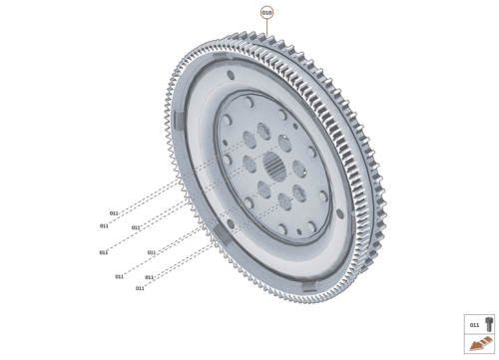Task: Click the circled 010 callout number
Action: pyautogui.click(x=266, y=12)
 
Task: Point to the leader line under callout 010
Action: pyautogui.click(x=266, y=28)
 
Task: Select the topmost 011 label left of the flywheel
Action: pyautogui.click(x=114, y=213)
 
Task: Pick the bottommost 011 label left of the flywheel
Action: pyautogui.click(x=140, y=288)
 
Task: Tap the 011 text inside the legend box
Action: pyautogui.click(x=474, y=324)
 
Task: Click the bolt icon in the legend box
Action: pyautogui.click(x=488, y=324)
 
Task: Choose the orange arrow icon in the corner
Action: pyautogui.click(x=480, y=345)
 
